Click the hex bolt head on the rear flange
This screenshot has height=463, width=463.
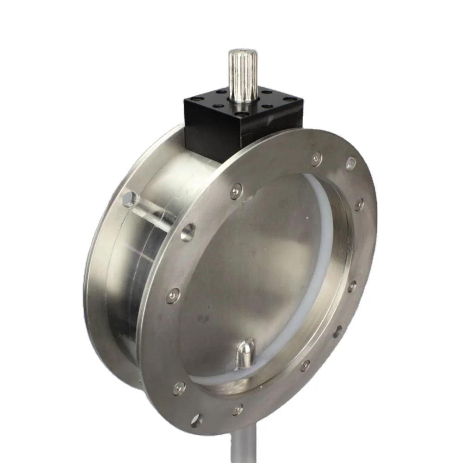pos(130,200)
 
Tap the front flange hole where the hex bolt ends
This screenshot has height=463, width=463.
pos(188,231)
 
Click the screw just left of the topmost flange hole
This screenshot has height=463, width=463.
pos(316,159)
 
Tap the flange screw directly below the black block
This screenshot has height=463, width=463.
pos(236,190)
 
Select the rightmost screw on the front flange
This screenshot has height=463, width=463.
pos(359,204)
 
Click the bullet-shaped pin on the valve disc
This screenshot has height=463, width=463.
pos(246,353)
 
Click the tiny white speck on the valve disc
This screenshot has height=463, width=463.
pos(304,216)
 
